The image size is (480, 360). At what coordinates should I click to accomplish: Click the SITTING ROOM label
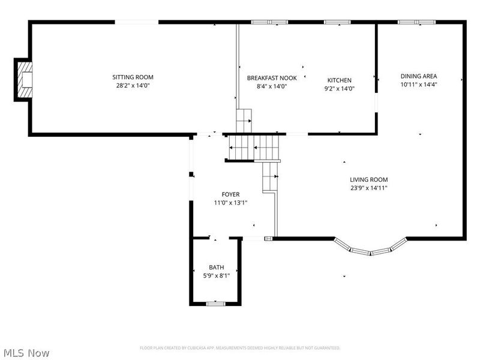(x=133, y=77)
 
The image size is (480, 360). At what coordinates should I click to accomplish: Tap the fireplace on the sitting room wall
(x=25, y=79)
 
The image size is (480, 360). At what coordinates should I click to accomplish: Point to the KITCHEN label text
(x=339, y=80)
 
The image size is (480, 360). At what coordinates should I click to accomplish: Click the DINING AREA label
(x=419, y=76)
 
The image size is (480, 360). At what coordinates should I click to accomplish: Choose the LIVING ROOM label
(x=369, y=179)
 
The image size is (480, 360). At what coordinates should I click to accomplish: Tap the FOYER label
(x=230, y=194)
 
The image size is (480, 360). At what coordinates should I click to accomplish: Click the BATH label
(x=216, y=267)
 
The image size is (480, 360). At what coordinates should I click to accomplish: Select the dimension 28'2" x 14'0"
(x=133, y=86)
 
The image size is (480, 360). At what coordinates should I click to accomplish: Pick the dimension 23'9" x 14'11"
(x=369, y=188)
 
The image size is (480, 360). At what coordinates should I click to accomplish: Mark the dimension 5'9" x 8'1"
(x=216, y=275)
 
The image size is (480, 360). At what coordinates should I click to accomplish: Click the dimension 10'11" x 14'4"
(x=419, y=85)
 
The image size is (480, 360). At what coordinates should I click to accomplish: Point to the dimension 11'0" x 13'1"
(x=230, y=203)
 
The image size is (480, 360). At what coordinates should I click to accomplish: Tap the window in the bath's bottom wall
(x=215, y=304)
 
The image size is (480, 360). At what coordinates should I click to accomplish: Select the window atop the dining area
(x=417, y=22)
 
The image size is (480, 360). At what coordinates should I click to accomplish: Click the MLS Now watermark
(x=26, y=353)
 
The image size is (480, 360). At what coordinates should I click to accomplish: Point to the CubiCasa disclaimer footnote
(x=240, y=348)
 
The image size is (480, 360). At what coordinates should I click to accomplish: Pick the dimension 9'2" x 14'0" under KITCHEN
(x=339, y=89)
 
